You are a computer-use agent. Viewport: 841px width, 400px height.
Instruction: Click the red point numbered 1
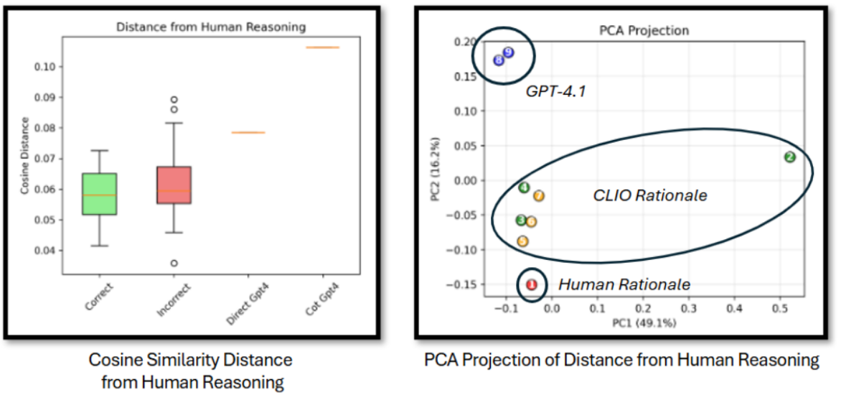[532, 284]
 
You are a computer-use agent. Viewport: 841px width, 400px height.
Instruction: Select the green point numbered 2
[789, 157]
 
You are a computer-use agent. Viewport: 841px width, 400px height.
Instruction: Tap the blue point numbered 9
[508, 52]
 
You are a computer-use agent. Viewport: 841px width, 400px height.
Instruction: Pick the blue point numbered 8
[499, 60]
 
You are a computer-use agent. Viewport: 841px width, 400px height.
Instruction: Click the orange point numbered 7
[539, 196]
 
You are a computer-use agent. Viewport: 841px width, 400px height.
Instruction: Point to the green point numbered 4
[524, 187]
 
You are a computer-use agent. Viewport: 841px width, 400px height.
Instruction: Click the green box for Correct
[100, 194]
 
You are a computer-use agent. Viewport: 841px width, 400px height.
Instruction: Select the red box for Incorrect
[174, 185]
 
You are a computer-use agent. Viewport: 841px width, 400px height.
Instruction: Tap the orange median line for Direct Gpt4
[248, 132]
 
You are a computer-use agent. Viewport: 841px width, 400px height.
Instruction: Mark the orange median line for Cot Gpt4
[322, 47]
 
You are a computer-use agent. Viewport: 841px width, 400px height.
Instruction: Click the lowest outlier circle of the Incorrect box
[174, 264]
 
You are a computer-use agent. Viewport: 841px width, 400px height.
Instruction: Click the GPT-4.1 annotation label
[555, 92]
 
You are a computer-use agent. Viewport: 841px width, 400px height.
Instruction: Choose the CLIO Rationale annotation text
[649, 195]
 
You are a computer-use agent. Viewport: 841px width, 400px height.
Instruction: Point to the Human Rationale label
[624, 284]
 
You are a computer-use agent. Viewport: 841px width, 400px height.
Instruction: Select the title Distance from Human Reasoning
[210, 27]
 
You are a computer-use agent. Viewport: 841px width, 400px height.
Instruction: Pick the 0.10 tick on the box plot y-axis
[47, 67]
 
